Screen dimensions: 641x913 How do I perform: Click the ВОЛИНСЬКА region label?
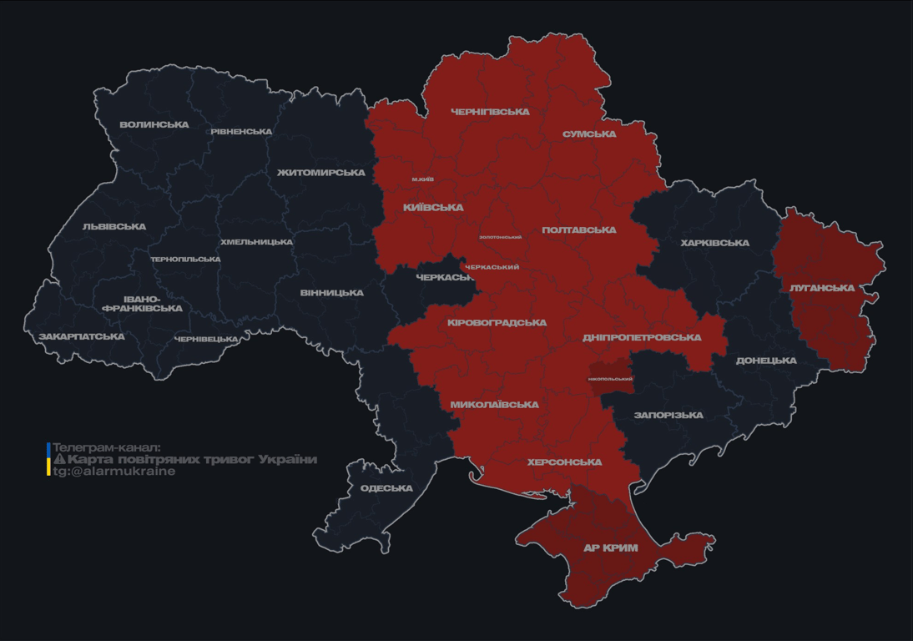pyautogui.click(x=154, y=125)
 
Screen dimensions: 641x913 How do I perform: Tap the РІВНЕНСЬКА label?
pyautogui.click(x=241, y=132)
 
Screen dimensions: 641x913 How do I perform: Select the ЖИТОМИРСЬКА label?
pyautogui.click(x=321, y=173)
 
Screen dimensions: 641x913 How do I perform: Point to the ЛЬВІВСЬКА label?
pyautogui.click(x=114, y=227)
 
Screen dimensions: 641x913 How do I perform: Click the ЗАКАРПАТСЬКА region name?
pyautogui.click(x=82, y=337)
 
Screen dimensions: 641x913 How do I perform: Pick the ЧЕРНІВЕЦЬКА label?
pyautogui.click(x=206, y=340)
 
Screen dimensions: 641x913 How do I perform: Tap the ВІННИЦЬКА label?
pyautogui.click(x=332, y=293)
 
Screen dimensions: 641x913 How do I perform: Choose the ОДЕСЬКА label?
pyautogui.click(x=386, y=488)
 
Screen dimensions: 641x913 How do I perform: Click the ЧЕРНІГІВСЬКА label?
pyautogui.click(x=490, y=112)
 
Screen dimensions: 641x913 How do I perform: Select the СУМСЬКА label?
pyautogui.click(x=589, y=134)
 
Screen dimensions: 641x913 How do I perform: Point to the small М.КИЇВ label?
pyautogui.click(x=423, y=179)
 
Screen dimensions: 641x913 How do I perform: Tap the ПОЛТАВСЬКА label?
pyautogui.click(x=579, y=230)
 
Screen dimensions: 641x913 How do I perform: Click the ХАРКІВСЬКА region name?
pyautogui.click(x=714, y=244)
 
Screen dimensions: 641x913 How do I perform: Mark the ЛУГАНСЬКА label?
pyautogui.click(x=822, y=289)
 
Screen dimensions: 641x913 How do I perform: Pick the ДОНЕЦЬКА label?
pyautogui.click(x=766, y=361)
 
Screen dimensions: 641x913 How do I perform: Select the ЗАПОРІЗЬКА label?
pyautogui.click(x=668, y=416)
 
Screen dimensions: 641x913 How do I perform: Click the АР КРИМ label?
pyautogui.click(x=611, y=548)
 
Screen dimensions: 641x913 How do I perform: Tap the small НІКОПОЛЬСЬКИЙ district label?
pyautogui.click(x=610, y=379)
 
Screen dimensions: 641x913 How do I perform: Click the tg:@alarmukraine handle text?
pyautogui.click(x=114, y=472)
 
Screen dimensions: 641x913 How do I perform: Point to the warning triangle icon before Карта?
pyautogui.click(x=59, y=460)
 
